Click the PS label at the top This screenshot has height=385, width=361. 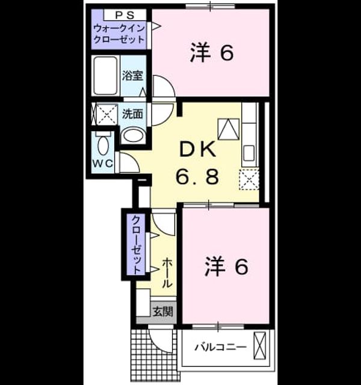point(125,16)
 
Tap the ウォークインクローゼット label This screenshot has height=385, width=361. point(119,34)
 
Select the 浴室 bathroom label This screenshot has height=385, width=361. point(132,75)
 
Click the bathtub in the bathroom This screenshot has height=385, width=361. point(105,75)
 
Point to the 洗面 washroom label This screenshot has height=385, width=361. point(132,114)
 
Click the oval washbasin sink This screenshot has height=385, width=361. point(134,135)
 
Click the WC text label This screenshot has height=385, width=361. point(103,163)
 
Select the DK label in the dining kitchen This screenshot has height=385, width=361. point(198,149)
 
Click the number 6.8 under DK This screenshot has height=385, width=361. point(197,176)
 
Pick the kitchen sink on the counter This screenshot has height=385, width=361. point(248,153)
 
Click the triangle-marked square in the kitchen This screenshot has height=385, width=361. point(229,129)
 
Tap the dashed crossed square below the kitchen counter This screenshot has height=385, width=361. point(249,179)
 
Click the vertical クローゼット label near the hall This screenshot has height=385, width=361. point(137,245)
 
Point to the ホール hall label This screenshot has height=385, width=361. point(167,273)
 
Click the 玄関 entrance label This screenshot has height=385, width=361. point(163,312)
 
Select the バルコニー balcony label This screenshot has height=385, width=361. point(220,347)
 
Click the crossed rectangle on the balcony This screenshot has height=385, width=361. point(260,345)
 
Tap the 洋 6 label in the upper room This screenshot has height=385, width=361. point(211,52)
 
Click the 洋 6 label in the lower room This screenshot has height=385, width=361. point(226,266)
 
